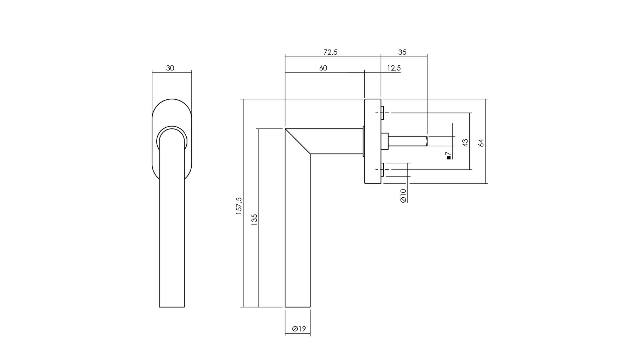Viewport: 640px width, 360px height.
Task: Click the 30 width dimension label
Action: (x=170, y=68)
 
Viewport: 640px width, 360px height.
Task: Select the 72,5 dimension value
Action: (x=330, y=52)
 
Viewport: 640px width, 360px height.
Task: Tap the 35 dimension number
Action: (x=402, y=52)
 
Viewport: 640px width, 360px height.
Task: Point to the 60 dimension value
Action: (x=323, y=68)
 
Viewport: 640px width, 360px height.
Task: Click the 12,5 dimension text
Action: (x=394, y=68)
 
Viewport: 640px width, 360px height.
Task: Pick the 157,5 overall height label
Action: (x=239, y=206)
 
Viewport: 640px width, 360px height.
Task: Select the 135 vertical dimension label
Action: (x=254, y=220)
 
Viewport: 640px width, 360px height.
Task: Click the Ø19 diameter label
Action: (x=299, y=329)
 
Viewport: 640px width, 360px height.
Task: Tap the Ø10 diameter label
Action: (x=403, y=196)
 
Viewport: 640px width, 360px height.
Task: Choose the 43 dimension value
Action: (x=465, y=143)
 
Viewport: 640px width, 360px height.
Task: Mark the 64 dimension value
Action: (x=481, y=143)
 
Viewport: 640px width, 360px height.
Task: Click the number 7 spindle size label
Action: (x=448, y=154)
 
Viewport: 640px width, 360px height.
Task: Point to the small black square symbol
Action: (x=449, y=158)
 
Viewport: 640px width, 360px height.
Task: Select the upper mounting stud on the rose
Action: (x=382, y=113)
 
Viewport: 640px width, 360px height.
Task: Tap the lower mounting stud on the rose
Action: (x=382, y=170)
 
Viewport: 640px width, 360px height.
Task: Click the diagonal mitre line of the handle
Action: (x=298, y=141)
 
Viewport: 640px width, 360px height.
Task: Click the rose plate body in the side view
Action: (x=373, y=141)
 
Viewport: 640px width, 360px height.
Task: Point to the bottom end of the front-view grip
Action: (x=172, y=307)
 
